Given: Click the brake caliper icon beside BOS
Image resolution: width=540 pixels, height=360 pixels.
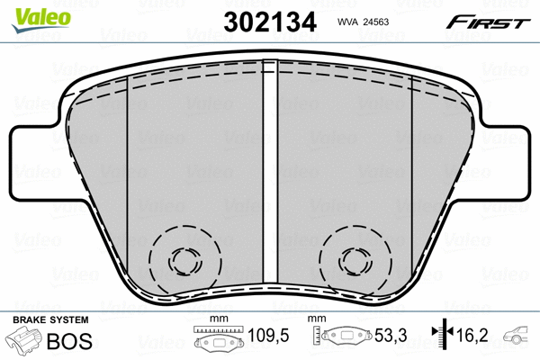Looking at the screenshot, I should [x=27, y=342].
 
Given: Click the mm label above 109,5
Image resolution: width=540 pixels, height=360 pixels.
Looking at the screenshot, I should [x=216, y=319].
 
